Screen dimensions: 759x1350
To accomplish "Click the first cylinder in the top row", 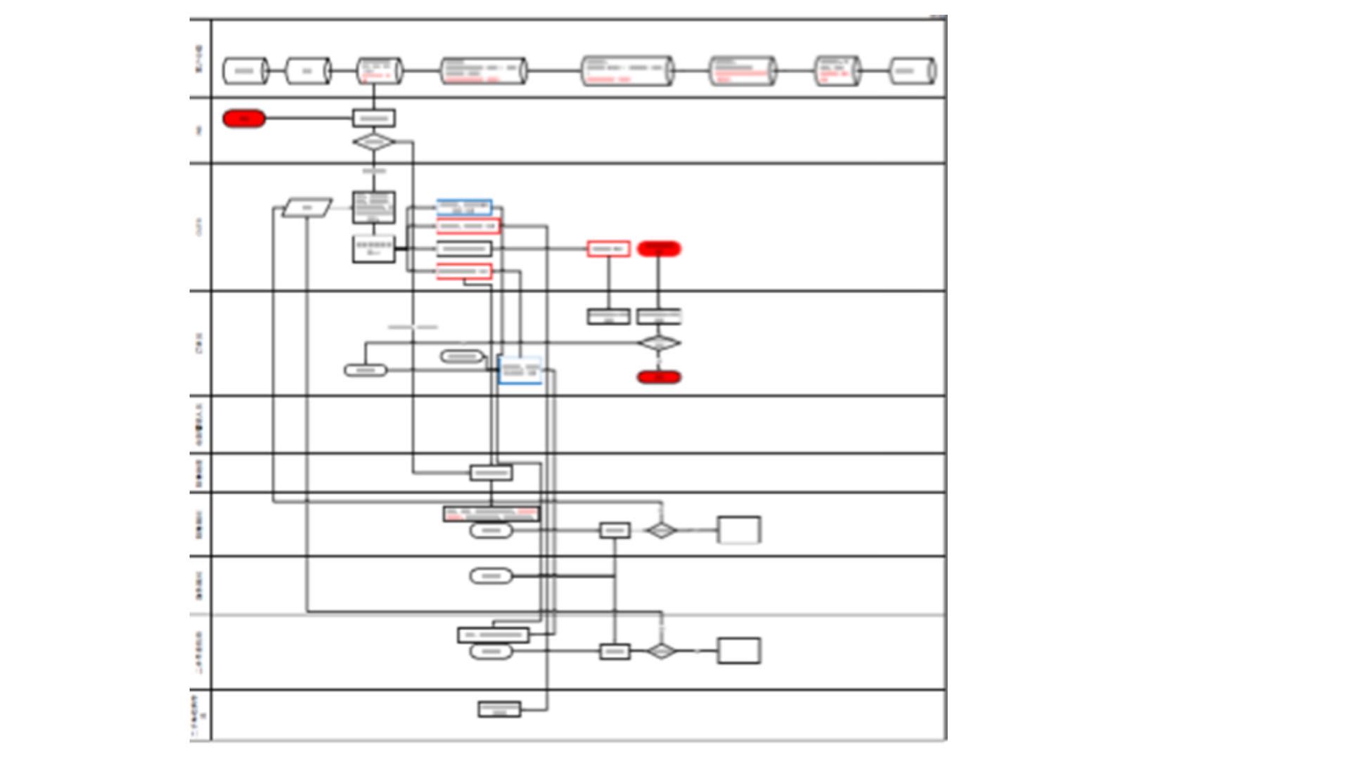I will click(x=245, y=71).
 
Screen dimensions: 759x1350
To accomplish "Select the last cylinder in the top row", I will click(x=912, y=71).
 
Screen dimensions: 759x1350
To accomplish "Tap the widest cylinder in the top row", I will click(x=627, y=71).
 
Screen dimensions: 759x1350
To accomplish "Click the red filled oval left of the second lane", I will click(x=244, y=119).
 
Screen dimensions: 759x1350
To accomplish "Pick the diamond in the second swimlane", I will click(x=373, y=143).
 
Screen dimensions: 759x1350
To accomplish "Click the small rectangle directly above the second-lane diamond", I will click(x=373, y=118).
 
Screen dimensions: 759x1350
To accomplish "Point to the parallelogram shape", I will click(x=307, y=208).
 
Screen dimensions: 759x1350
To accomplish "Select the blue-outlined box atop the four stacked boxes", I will click(x=464, y=207).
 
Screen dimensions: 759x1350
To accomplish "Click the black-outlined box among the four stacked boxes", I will click(x=464, y=249).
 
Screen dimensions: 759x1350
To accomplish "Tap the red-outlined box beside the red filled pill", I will click(x=608, y=249).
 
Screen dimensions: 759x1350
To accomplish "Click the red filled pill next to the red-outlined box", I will click(x=659, y=249).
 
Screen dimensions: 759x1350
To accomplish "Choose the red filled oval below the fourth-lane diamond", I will click(x=659, y=377).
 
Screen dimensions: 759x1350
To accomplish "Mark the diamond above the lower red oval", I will click(x=659, y=344).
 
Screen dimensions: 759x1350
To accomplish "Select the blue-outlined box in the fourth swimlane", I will click(x=520, y=370).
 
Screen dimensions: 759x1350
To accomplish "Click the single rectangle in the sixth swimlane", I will click(x=491, y=473).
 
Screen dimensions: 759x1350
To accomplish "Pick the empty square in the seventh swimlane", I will click(x=738, y=530).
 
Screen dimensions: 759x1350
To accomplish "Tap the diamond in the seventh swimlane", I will click(x=661, y=531).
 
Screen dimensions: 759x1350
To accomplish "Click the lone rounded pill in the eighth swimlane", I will click(x=491, y=576).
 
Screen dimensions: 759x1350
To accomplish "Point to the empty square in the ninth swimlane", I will click(x=738, y=651).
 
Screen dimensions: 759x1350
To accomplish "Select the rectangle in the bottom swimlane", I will click(x=499, y=709).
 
